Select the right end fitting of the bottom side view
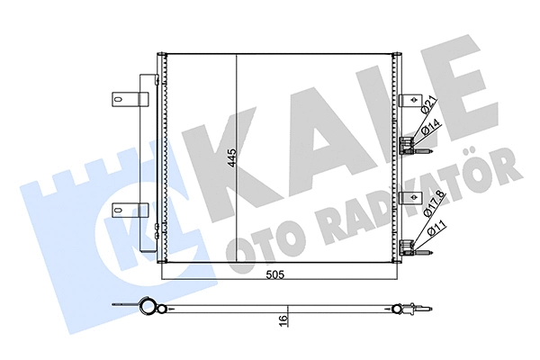tap(412, 312)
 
